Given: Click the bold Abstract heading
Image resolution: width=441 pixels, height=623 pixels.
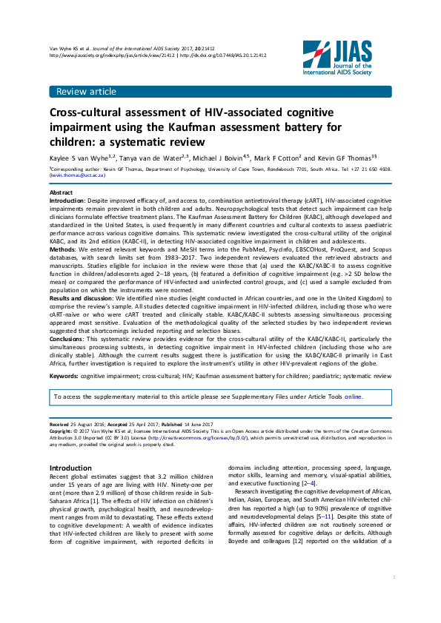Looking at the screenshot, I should tap(61, 192).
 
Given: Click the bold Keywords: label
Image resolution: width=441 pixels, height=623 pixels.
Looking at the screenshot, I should tap(64, 376).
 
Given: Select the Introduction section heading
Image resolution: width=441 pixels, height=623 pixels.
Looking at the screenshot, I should tap(70, 468).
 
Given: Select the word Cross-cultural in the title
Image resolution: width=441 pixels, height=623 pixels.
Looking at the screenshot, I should tap(85, 114).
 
